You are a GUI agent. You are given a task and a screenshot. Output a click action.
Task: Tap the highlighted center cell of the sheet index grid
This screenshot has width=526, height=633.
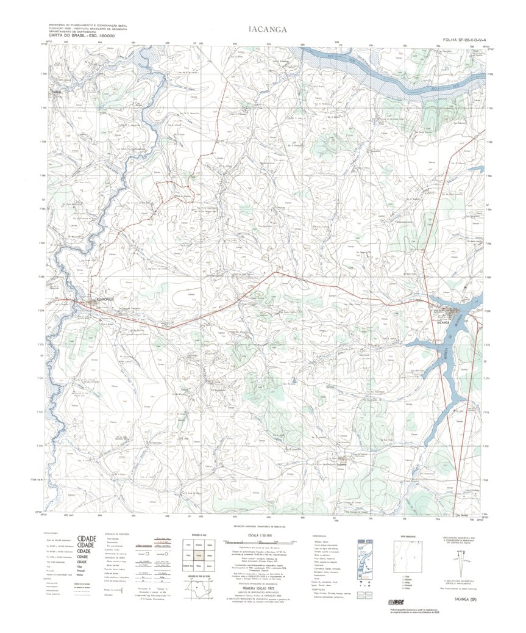tap(199, 556)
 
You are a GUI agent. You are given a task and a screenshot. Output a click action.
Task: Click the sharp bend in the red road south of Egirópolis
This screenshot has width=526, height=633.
tap(169, 328)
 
